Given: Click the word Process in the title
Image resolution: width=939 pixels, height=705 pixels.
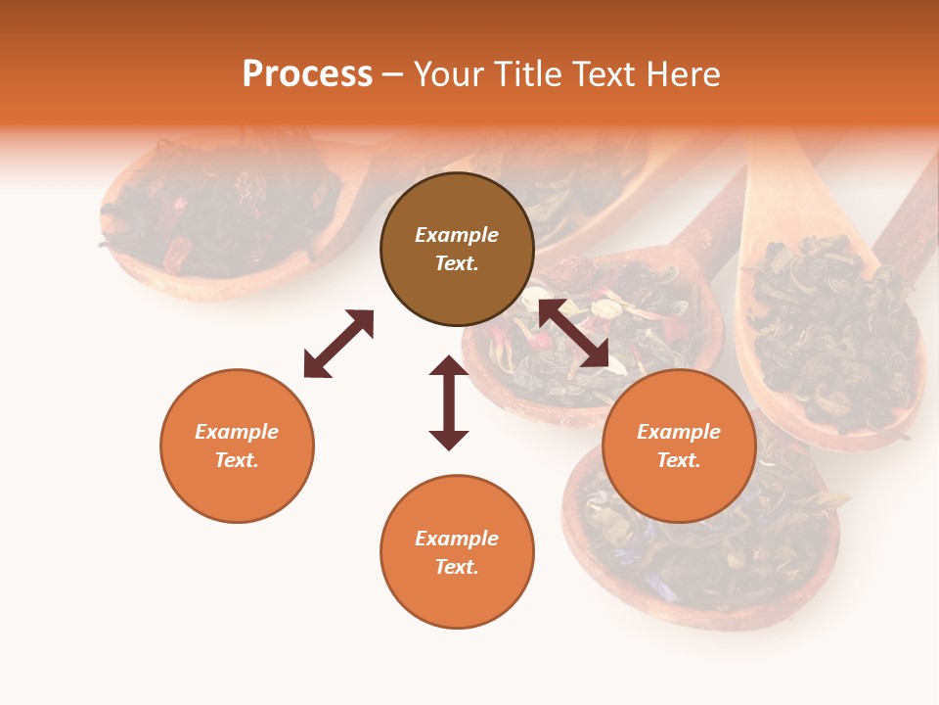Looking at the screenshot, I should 307,74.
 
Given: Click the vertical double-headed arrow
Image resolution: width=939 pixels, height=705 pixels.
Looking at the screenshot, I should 449,402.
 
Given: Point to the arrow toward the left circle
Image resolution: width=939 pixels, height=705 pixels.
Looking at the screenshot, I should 338,344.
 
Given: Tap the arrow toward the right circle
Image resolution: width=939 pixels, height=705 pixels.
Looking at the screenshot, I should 573,333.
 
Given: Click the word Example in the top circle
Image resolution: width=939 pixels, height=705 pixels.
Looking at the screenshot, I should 457,235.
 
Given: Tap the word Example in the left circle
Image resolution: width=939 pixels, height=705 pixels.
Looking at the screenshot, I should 237,432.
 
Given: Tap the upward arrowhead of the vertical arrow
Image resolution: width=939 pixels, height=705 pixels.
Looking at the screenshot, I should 449,367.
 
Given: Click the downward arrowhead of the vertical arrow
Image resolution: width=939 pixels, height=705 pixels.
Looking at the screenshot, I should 449,440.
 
